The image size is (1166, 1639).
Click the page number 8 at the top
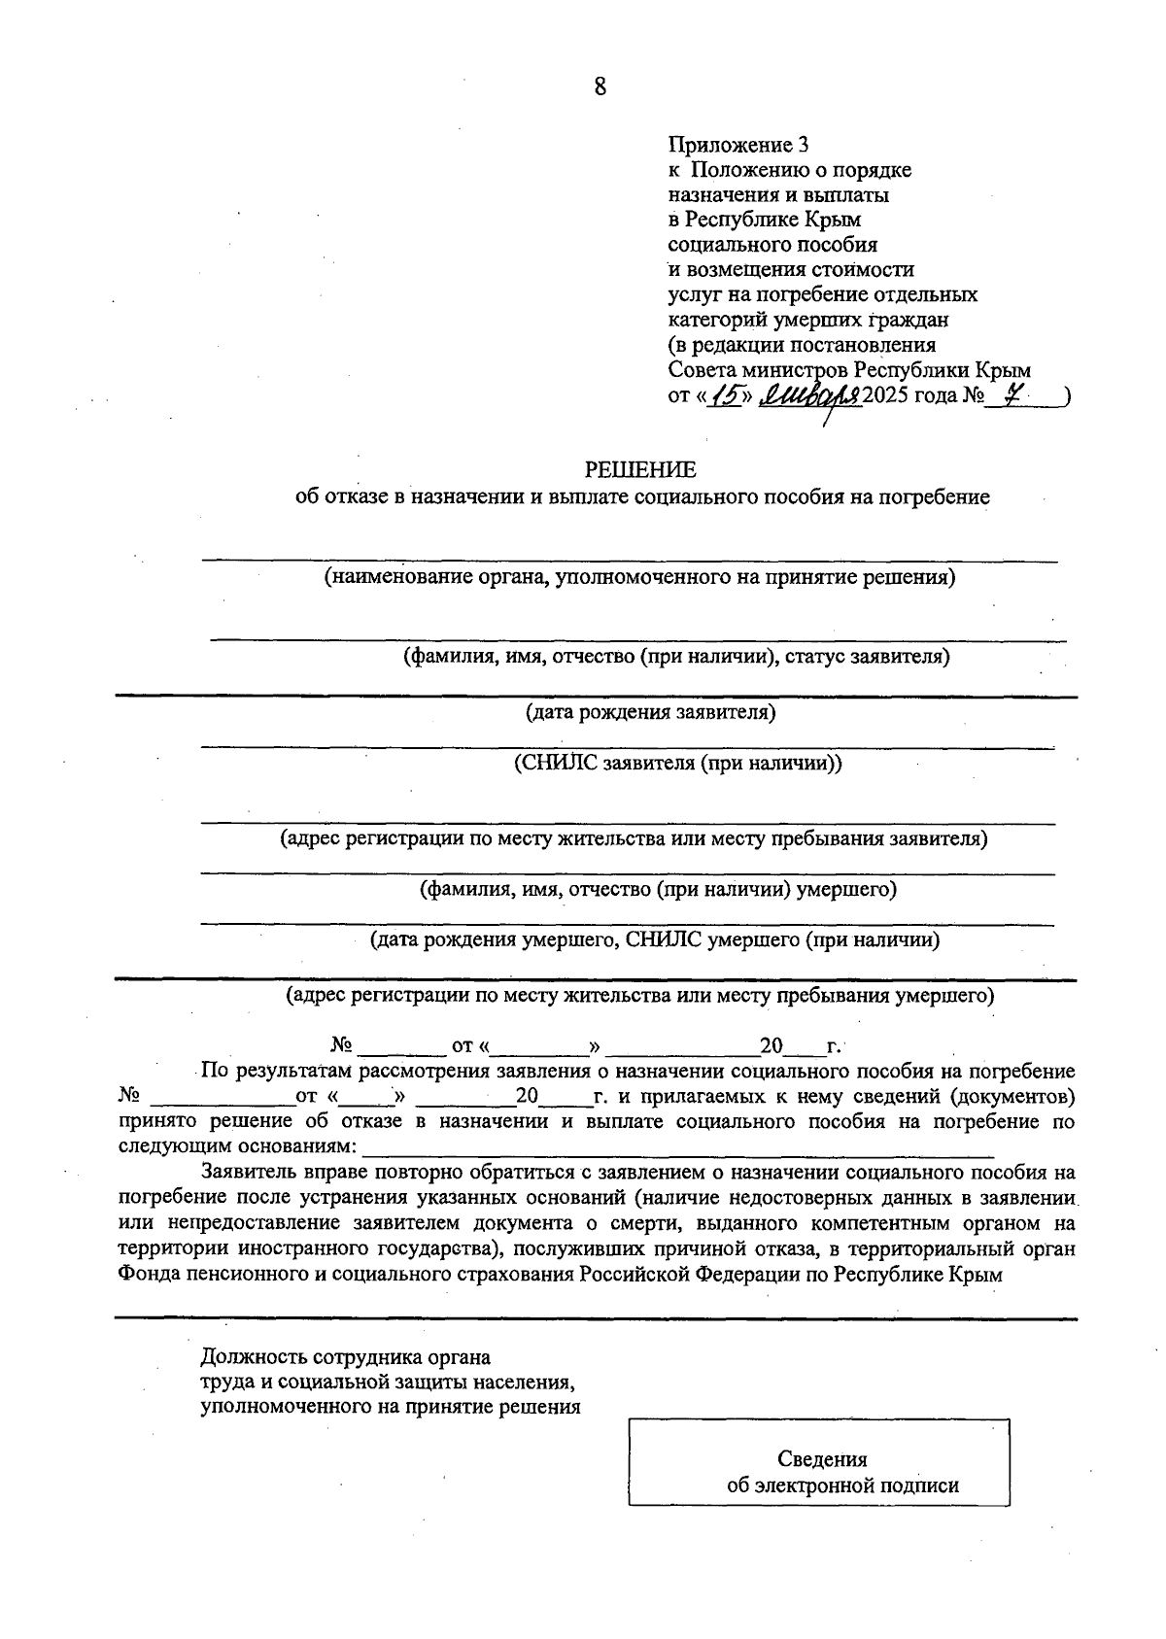tap(600, 87)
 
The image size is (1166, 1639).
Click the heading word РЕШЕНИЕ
tap(640, 470)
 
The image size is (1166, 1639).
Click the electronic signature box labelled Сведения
tap(818, 1475)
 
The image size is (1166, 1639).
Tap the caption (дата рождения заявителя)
tap(650, 713)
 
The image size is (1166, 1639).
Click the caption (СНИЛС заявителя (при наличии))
tap(677, 763)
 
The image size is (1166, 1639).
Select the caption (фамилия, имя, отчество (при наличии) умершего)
tap(657, 889)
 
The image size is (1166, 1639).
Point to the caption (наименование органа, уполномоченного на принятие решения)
tap(639, 578)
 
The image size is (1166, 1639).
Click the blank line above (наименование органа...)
tap(630, 560)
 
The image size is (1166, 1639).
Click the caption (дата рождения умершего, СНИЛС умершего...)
tap(654, 939)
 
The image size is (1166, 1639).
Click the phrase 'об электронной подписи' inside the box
tap(842, 1485)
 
